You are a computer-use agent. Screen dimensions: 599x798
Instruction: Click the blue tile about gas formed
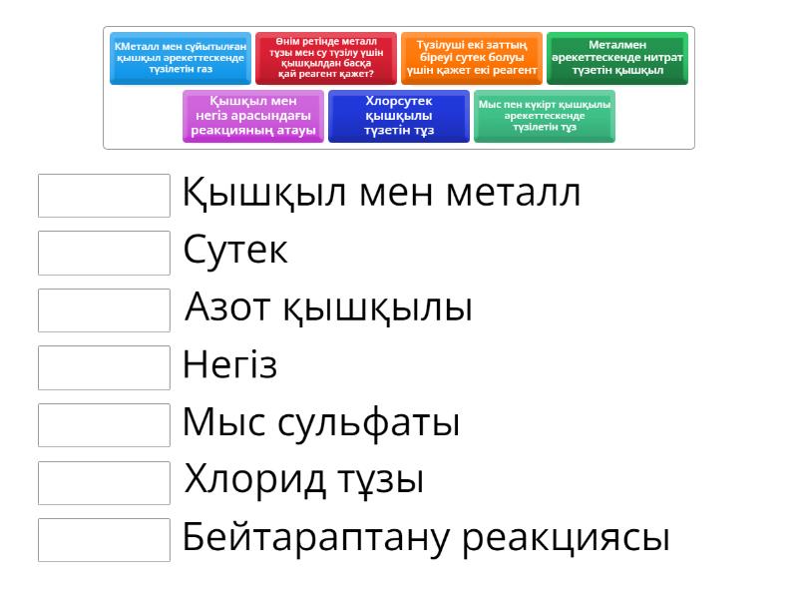180,58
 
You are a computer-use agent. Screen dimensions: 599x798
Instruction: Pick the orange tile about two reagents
471,58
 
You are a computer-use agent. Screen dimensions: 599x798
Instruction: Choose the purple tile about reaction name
253,116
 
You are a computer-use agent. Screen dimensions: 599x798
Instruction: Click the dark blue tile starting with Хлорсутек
399,116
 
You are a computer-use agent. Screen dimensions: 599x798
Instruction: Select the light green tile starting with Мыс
545,116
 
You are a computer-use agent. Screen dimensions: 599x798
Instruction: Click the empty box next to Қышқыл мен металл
104,196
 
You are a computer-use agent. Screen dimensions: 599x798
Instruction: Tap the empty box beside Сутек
104,254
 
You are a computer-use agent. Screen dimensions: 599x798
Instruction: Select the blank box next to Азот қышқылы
104,310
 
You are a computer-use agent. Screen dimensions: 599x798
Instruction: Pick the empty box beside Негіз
104,367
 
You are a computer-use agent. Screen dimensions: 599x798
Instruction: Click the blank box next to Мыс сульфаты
104,425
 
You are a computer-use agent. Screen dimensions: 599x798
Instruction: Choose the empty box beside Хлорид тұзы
104,482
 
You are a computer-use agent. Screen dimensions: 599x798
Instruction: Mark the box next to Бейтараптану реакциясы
104,540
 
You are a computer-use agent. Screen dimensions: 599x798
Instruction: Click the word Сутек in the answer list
235,251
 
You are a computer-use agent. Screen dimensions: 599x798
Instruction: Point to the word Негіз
229,365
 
